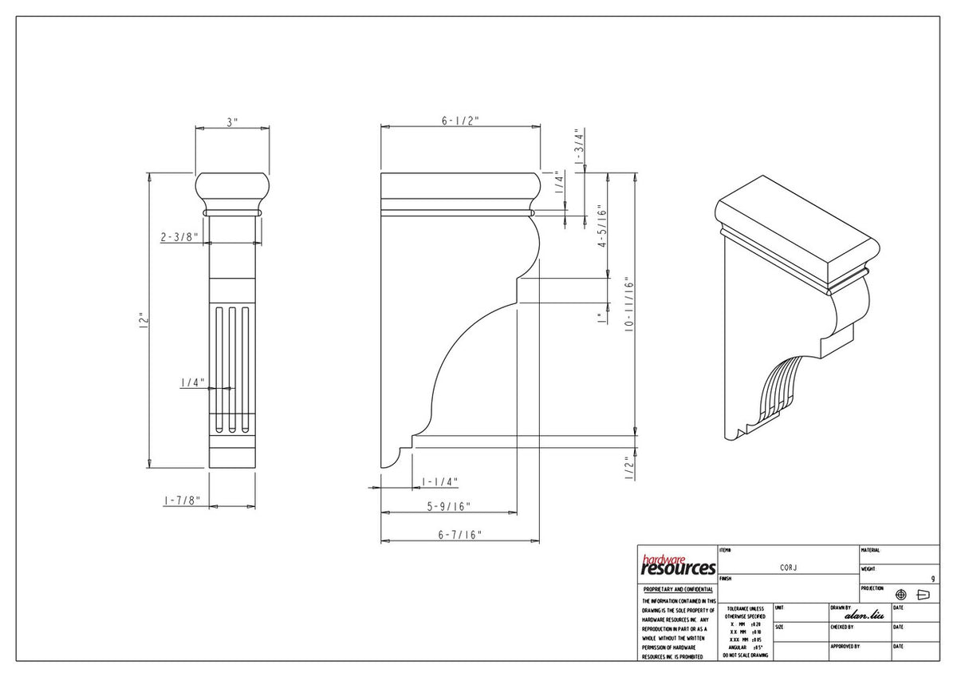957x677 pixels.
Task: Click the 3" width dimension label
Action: [232, 122]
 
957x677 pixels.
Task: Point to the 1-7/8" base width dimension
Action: [181, 501]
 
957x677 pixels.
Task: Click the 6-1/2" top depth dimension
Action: [459, 121]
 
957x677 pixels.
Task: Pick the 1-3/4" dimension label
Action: [581, 146]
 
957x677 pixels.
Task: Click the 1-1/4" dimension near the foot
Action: [439, 482]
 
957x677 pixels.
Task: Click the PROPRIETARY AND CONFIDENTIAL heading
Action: [678, 589]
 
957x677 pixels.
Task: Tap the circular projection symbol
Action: [901, 595]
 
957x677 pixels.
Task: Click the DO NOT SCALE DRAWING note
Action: [746, 655]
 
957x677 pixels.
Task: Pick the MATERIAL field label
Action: [871, 551]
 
